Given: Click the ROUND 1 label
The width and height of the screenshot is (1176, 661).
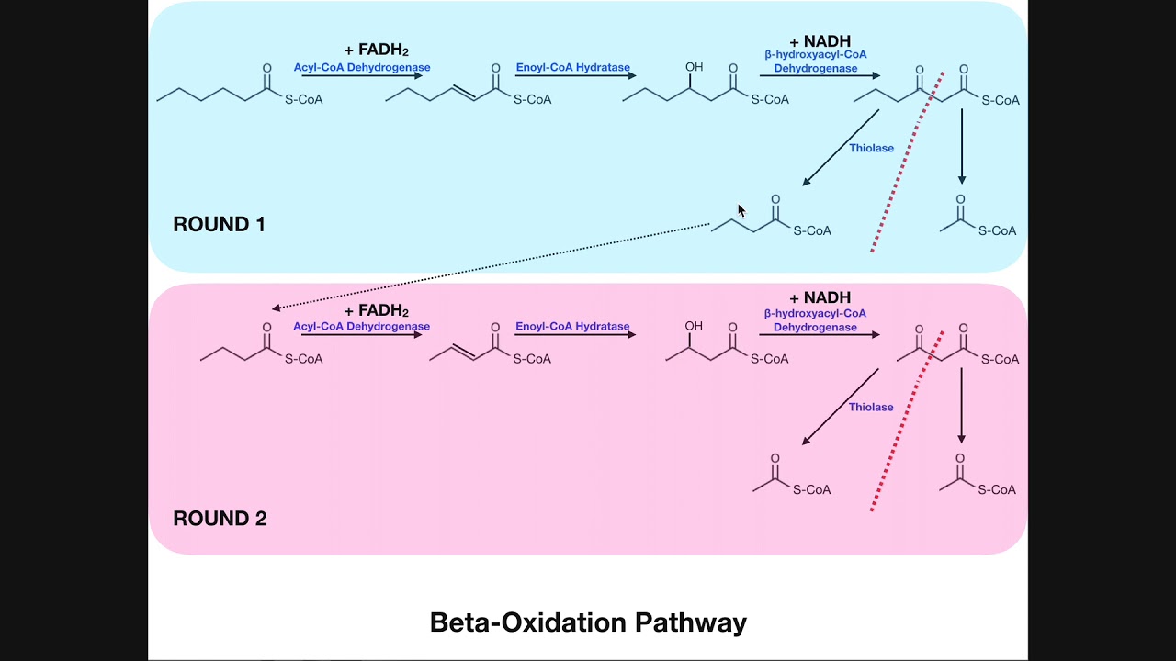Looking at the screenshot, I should (219, 224).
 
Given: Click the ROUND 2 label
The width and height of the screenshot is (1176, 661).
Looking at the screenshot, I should (220, 519).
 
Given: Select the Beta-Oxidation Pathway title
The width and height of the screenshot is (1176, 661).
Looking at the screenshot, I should (588, 622).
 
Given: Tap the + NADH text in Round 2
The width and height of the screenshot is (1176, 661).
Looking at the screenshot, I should (820, 297).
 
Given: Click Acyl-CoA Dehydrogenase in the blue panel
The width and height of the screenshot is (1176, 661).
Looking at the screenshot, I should (362, 68).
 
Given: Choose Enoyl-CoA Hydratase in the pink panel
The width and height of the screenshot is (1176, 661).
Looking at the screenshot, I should (572, 327).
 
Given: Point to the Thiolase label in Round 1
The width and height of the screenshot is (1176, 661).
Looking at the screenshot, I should (871, 149).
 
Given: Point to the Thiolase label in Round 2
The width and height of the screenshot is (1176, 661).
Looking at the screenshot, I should (871, 408).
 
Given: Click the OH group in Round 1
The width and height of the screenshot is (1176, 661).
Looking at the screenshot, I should (694, 68).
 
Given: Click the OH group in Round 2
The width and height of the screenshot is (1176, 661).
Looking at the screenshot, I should (694, 326).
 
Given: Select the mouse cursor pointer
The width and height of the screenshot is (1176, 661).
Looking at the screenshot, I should (741, 211).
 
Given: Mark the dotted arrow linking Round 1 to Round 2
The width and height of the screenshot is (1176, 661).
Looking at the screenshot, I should (492, 265).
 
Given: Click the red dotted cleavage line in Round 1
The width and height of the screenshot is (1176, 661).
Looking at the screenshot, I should (905, 165).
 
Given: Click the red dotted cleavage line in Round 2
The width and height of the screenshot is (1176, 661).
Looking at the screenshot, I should (905, 422).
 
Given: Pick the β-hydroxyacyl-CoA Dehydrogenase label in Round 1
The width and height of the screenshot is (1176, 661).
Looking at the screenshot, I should (815, 62).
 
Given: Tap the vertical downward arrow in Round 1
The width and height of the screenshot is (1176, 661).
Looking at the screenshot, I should (962, 147).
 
